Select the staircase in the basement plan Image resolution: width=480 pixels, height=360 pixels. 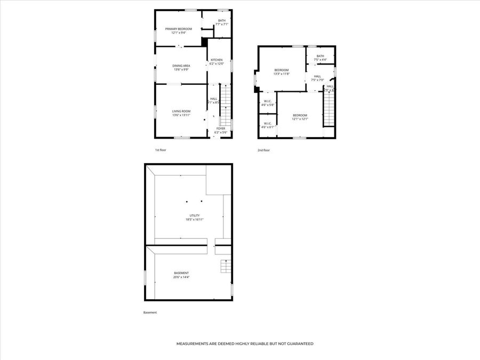click(x=226, y=266)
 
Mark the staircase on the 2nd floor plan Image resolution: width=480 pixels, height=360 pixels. click(x=329, y=109)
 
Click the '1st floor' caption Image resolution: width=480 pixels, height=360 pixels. click(x=161, y=150)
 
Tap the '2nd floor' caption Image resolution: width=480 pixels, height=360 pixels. click(x=263, y=150)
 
